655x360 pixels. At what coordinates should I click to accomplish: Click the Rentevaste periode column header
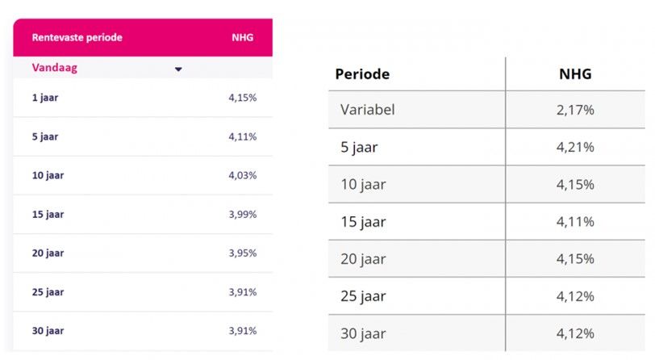[77, 37]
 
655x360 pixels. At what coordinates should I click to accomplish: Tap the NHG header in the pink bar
[242, 37]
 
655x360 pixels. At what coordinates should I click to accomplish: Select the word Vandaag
[54, 68]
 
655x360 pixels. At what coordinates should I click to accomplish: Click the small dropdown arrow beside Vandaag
[178, 69]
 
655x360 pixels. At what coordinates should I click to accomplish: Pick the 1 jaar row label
[45, 98]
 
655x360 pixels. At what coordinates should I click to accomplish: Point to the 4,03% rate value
[242, 175]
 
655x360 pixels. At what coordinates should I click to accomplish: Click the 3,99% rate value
[242, 214]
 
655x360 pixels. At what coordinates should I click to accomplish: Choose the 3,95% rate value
[242, 253]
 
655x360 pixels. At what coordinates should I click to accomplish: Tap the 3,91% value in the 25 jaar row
[242, 291]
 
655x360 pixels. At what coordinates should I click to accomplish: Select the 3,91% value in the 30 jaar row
[242, 330]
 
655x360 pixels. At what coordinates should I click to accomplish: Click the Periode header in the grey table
[362, 74]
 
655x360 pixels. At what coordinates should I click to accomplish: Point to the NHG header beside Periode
[575, 74]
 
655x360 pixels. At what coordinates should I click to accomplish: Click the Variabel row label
[368, 110]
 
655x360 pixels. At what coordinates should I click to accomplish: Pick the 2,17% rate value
[575, 110]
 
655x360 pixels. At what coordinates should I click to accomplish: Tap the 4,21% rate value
[575, 147]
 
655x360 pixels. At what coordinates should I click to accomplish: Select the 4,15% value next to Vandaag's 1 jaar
[242, 98]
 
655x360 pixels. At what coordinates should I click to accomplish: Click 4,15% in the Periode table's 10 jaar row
[575, 184]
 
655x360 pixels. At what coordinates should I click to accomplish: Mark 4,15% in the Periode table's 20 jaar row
[575, 259]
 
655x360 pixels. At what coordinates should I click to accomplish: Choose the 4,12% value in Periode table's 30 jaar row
[575, 333]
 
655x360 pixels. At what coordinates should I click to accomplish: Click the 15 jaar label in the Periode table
[363, 222]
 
